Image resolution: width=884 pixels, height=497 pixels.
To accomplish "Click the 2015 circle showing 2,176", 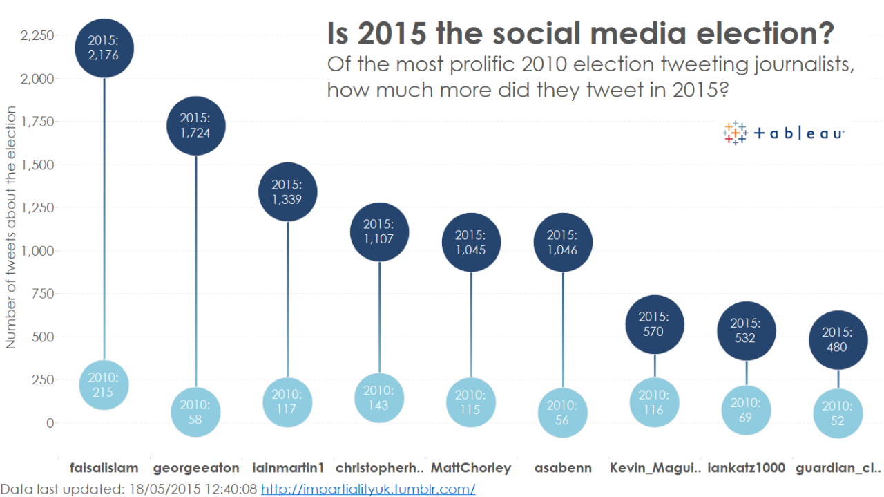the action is [104, 48].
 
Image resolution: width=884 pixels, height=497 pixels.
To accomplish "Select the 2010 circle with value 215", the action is [104, 385].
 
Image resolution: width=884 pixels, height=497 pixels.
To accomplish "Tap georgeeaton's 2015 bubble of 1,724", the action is [195, 126].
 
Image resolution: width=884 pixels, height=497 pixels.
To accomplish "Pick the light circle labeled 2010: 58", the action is [195, 412].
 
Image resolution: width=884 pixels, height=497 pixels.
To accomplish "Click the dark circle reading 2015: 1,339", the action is [288, 192].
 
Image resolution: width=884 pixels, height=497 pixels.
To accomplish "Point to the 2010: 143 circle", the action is [379, 398].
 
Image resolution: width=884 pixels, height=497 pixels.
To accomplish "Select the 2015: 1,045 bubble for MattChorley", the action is [471, 242].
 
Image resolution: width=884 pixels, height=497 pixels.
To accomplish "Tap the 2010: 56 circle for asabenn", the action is [563, 413].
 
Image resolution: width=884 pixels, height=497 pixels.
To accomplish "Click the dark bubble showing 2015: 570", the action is [655, 324].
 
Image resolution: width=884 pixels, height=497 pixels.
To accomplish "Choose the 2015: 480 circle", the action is [838, 340].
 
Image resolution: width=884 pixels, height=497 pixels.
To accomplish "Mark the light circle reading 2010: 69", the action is [747, 410].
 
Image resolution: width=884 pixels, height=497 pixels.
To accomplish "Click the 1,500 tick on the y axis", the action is [37, 165].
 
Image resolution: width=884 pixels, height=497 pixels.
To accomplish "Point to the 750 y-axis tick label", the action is [43, 294].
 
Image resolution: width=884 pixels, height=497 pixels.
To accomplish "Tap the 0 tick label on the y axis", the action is [50, 423].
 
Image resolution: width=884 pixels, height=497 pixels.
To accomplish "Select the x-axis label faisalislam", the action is [104, 468].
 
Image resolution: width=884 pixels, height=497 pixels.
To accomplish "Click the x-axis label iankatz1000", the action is [747, 468].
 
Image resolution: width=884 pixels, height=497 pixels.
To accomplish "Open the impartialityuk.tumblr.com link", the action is [368, 489].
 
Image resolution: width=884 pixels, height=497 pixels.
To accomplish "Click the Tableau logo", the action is [783, 133].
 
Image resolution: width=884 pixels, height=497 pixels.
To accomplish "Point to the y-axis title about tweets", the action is [10, 227].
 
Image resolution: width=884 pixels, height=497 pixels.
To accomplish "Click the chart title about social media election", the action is [581, 33].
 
